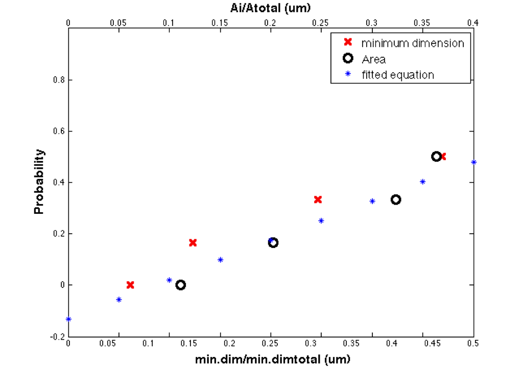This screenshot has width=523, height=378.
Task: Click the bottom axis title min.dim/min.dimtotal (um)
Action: click(272, 359)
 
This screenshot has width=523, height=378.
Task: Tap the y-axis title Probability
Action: click(39, 182)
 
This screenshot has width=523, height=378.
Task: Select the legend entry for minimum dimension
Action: click(413, 43)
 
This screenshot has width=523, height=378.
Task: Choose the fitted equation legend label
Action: click(397, 75)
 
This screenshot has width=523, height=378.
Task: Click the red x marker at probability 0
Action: click(130, 285)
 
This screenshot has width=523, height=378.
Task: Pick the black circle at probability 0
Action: click(180, 285)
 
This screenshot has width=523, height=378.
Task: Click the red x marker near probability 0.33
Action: click(318, 199)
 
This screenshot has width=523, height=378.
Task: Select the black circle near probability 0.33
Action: click(396, 199)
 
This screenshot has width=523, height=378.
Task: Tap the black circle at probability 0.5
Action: click(436, 157)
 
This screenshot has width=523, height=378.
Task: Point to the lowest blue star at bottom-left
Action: click(68, 319)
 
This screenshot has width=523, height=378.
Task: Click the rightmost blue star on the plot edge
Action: click(473, 162)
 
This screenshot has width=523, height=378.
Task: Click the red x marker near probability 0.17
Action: click(193, 242)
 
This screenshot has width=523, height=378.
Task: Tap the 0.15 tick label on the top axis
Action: click(220, 23)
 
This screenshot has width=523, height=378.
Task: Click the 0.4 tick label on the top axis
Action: click(473, 23)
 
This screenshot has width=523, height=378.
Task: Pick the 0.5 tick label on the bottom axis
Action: click(473, 344)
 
